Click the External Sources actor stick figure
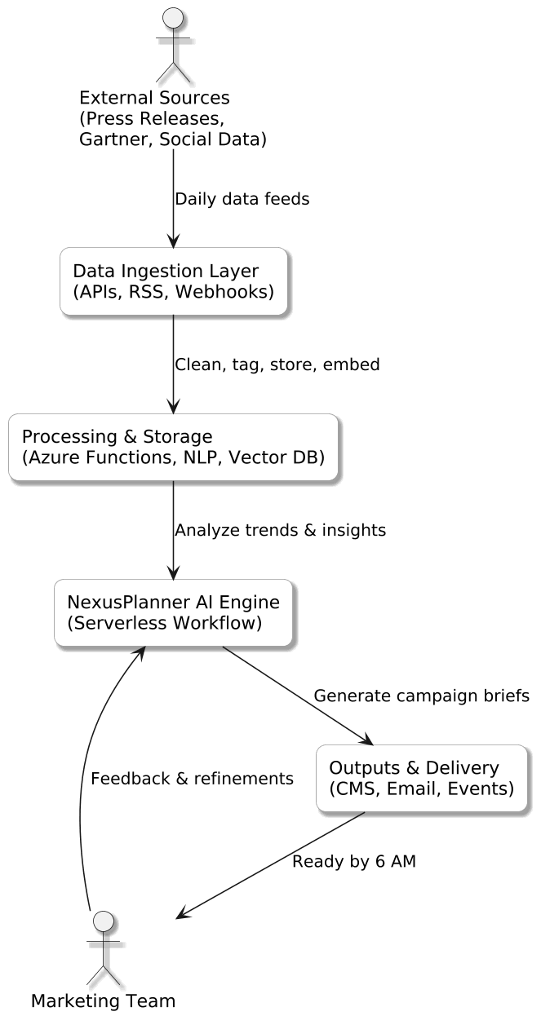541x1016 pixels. click(x=172, y=44)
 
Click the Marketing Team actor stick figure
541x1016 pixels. click(x=103, y=948)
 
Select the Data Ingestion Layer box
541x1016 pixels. click(x=173, y=281)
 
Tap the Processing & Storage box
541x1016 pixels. click(x=173, y=447)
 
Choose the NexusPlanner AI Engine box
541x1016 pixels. click(x=173, y=612)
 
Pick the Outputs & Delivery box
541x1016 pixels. click(x=421, y=778)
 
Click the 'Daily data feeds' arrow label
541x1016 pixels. click(x=242, y=199)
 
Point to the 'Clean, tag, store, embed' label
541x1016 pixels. click(x=277, y=364)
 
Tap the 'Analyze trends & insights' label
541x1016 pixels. click(x=280, y=530)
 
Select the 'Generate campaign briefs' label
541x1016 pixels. click(x=421, y=696)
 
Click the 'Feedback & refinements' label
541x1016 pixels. click(x=192, y=779)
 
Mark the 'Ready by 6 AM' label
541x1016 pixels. click(x=354, y=862)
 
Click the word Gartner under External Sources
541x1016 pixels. click(x=115, y=139)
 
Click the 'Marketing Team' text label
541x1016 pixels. click(x=103, y=1001)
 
